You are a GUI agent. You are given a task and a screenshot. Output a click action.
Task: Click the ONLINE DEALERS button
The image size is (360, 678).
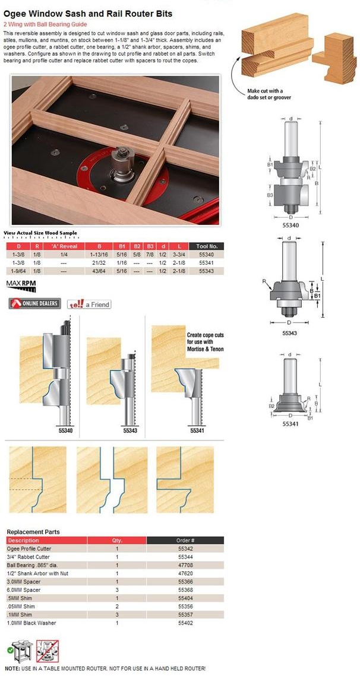[34, 304]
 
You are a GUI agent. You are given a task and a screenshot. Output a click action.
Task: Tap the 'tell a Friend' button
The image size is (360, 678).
[89, 304]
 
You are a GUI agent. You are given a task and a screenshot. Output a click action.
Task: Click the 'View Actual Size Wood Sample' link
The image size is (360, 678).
[40, 233]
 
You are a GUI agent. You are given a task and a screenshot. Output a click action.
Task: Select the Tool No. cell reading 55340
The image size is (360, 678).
[207, 254]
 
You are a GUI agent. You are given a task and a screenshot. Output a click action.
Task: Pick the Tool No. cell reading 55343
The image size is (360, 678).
[207, 270]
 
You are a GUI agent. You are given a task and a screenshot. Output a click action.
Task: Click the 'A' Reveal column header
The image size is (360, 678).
[64, 246]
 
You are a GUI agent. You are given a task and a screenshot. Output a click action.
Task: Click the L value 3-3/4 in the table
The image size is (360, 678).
[178, 254]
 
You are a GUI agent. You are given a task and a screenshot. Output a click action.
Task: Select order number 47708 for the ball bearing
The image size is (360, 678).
[185, 565]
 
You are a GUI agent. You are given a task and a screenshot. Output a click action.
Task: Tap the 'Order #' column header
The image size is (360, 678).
[185, 540]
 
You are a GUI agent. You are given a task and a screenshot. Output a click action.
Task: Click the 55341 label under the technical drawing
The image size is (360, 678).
[290, 424]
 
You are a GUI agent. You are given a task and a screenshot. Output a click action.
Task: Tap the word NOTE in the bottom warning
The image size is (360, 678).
[12, 669]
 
